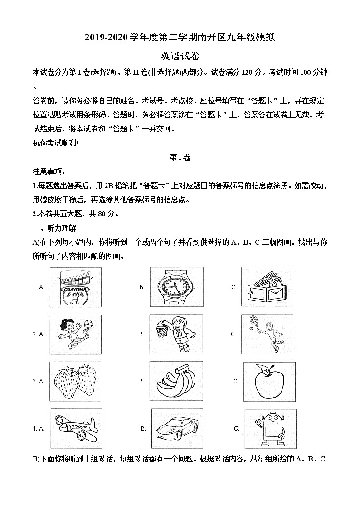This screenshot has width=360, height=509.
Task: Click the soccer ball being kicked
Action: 88,325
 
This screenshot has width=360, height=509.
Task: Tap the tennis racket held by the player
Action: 253,322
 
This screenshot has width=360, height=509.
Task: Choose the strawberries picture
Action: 76,381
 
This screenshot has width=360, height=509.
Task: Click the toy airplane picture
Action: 75,428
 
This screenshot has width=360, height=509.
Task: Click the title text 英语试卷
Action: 180,56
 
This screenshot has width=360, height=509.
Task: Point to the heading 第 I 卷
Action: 180,158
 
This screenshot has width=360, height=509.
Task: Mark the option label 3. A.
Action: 38,382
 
